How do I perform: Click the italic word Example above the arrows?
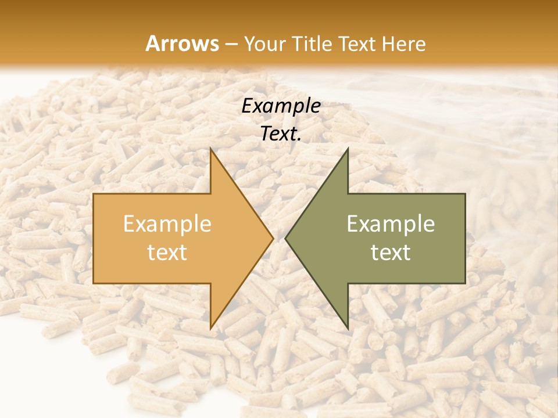coord(281,106)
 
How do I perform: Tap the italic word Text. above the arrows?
coord(281,134)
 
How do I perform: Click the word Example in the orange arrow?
coord(167,224)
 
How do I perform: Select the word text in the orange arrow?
coord(167,252)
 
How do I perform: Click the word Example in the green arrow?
coord(391,224)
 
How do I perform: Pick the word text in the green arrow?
coord(391,252)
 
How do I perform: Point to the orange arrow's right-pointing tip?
coord(273,238)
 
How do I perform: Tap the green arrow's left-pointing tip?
coord(286,238)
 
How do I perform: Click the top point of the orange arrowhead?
coord(211,149)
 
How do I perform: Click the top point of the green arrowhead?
coord(348,149)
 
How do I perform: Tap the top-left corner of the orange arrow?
coord(94,194)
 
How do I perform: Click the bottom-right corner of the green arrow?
coord(465,283)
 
